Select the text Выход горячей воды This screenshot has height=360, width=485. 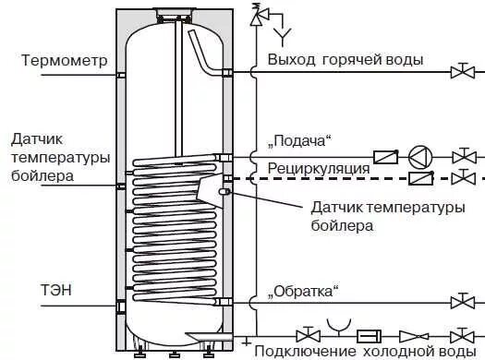(346, 60)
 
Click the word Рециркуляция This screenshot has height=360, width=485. (319, 169)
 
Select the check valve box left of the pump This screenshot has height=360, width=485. (384, 157)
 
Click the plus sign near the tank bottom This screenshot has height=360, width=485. (246, 342)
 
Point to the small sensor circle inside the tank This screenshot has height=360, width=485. (223, 191)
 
